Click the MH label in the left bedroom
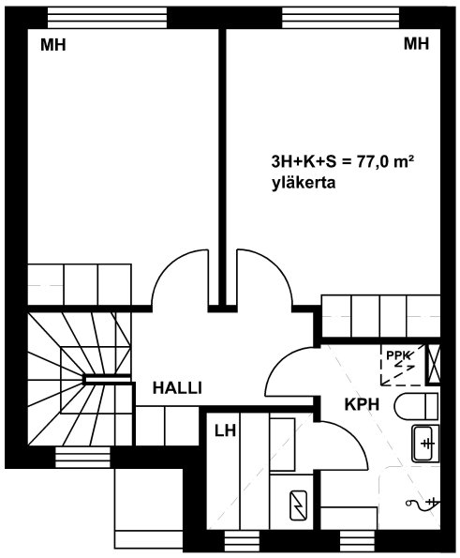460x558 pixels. pyautogui.click(x=53, y=45)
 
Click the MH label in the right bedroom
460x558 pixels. pyautogui.click(x=416, y=44)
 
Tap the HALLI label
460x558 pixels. pyautogui.click(x=177, y=388)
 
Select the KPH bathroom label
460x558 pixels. pyautogui.click(x=362, y=404)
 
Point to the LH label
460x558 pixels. pyautogui.click(x=226, y=430)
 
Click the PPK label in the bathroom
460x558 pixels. pyautogui.click(x=397, y=355)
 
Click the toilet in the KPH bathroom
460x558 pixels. pyautogui.click(x=416, y=406)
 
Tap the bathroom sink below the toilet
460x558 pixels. pyautogui.click(x=425, y=443)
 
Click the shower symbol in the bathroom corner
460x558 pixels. pyautogui.click(x=423, y=504)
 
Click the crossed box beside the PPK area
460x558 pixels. pyautogui.click(x=433, y=365)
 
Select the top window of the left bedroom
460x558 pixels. pyautogui.click(x=107, y=17)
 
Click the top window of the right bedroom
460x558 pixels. pyautogui.click(x=341, y=17)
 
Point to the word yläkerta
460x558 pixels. pyautogui.click(x=304, y=183)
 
